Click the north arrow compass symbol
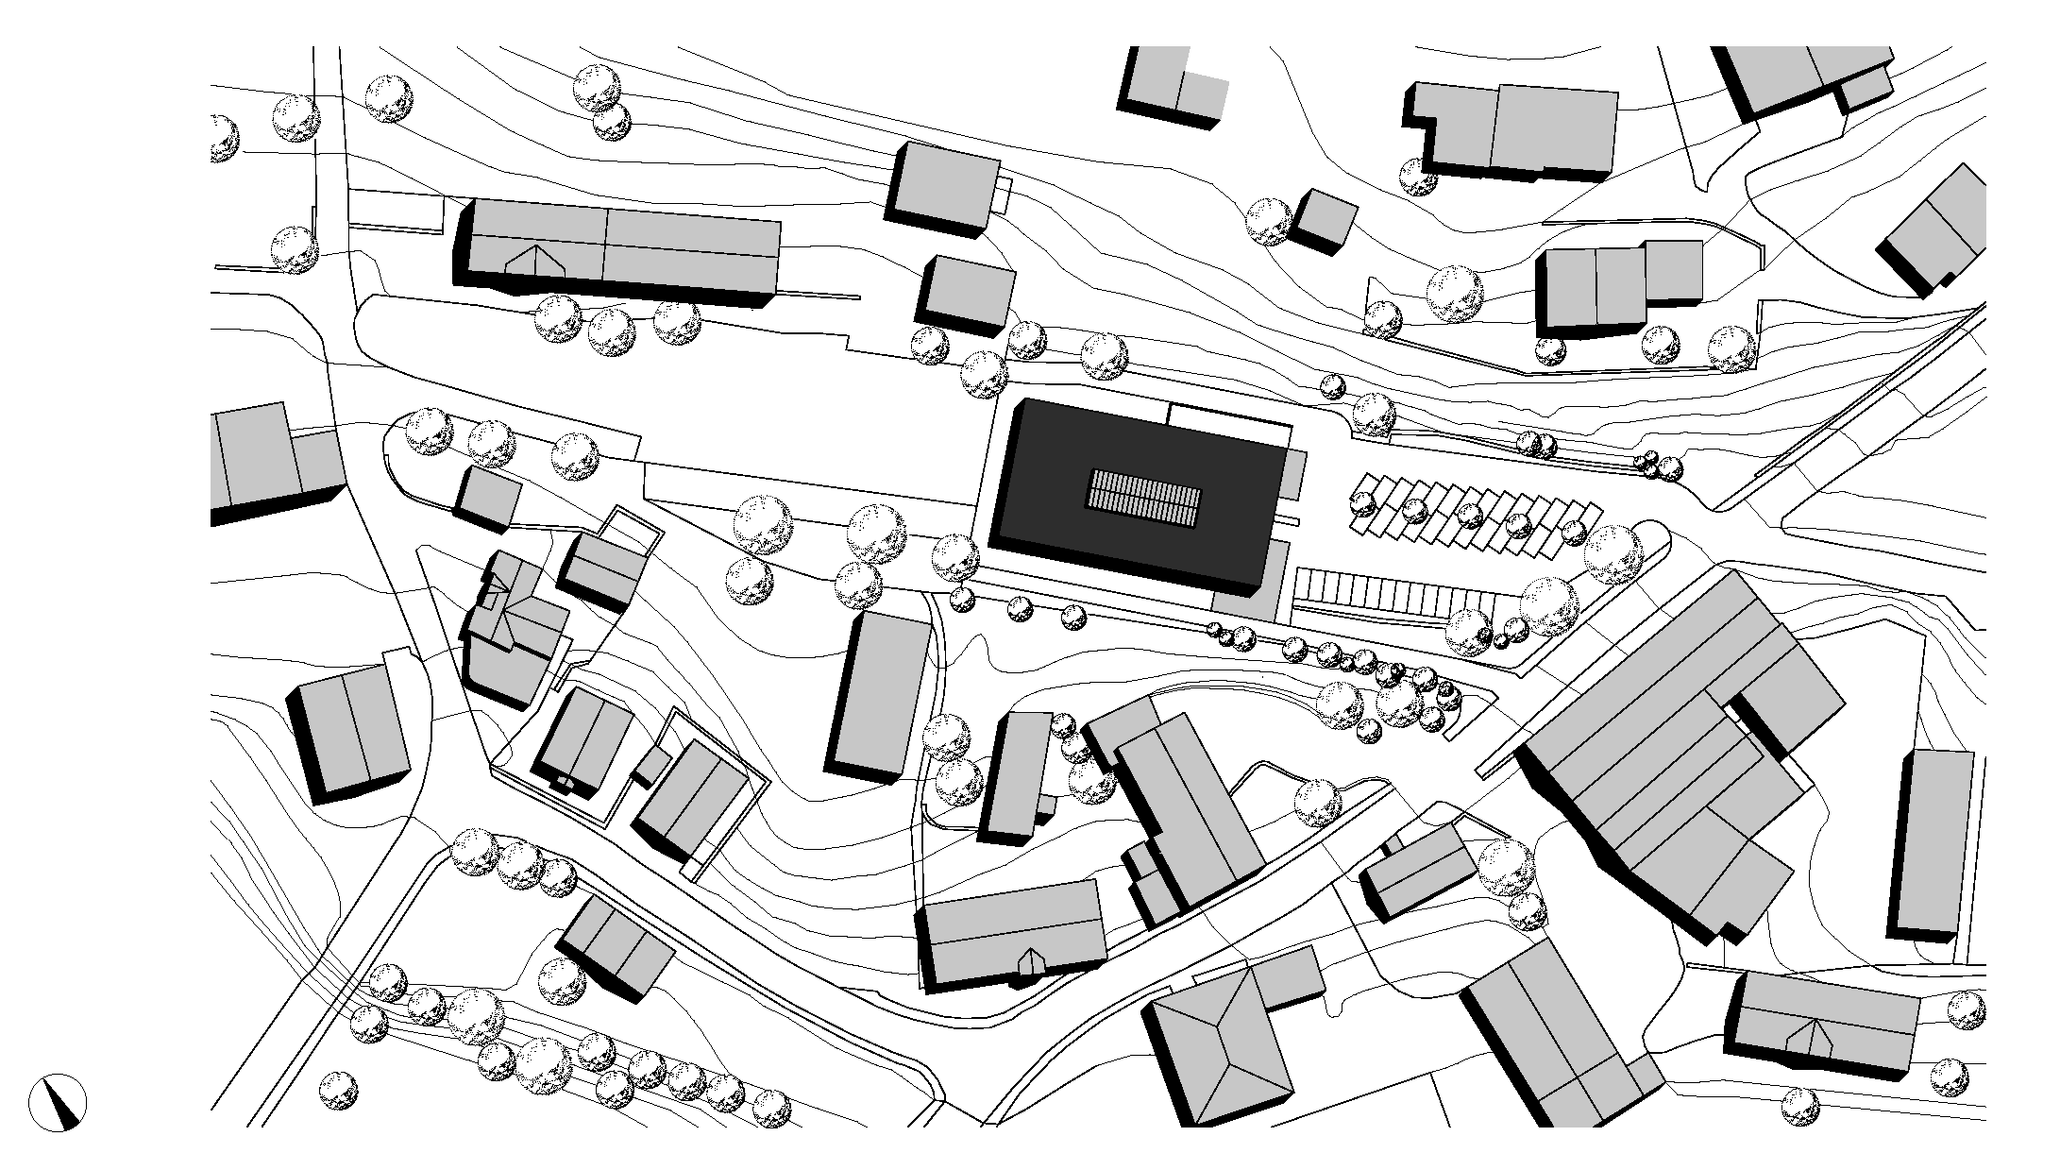click(58, 1102)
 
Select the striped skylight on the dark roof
click(1145, 500)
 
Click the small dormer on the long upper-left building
click(535, 260)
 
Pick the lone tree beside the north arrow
click(338, 1092)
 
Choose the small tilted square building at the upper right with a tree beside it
click(1325, 220)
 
